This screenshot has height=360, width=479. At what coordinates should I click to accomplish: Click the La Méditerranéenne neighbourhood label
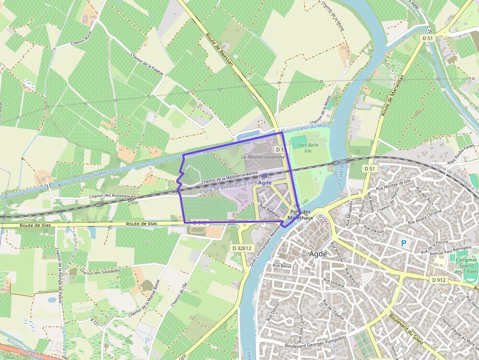pos(263,157)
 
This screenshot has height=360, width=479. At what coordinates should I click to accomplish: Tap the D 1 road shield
pos(280,149)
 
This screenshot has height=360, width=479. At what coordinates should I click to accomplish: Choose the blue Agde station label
pos(264,182)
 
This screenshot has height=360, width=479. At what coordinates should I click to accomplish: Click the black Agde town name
pos(318,254)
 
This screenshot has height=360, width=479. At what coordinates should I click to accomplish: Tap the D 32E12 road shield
pos(241,248)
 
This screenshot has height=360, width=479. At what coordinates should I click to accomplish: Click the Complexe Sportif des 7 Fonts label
pos(466,265)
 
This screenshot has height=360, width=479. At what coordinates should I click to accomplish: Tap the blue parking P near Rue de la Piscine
pos(404,243)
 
